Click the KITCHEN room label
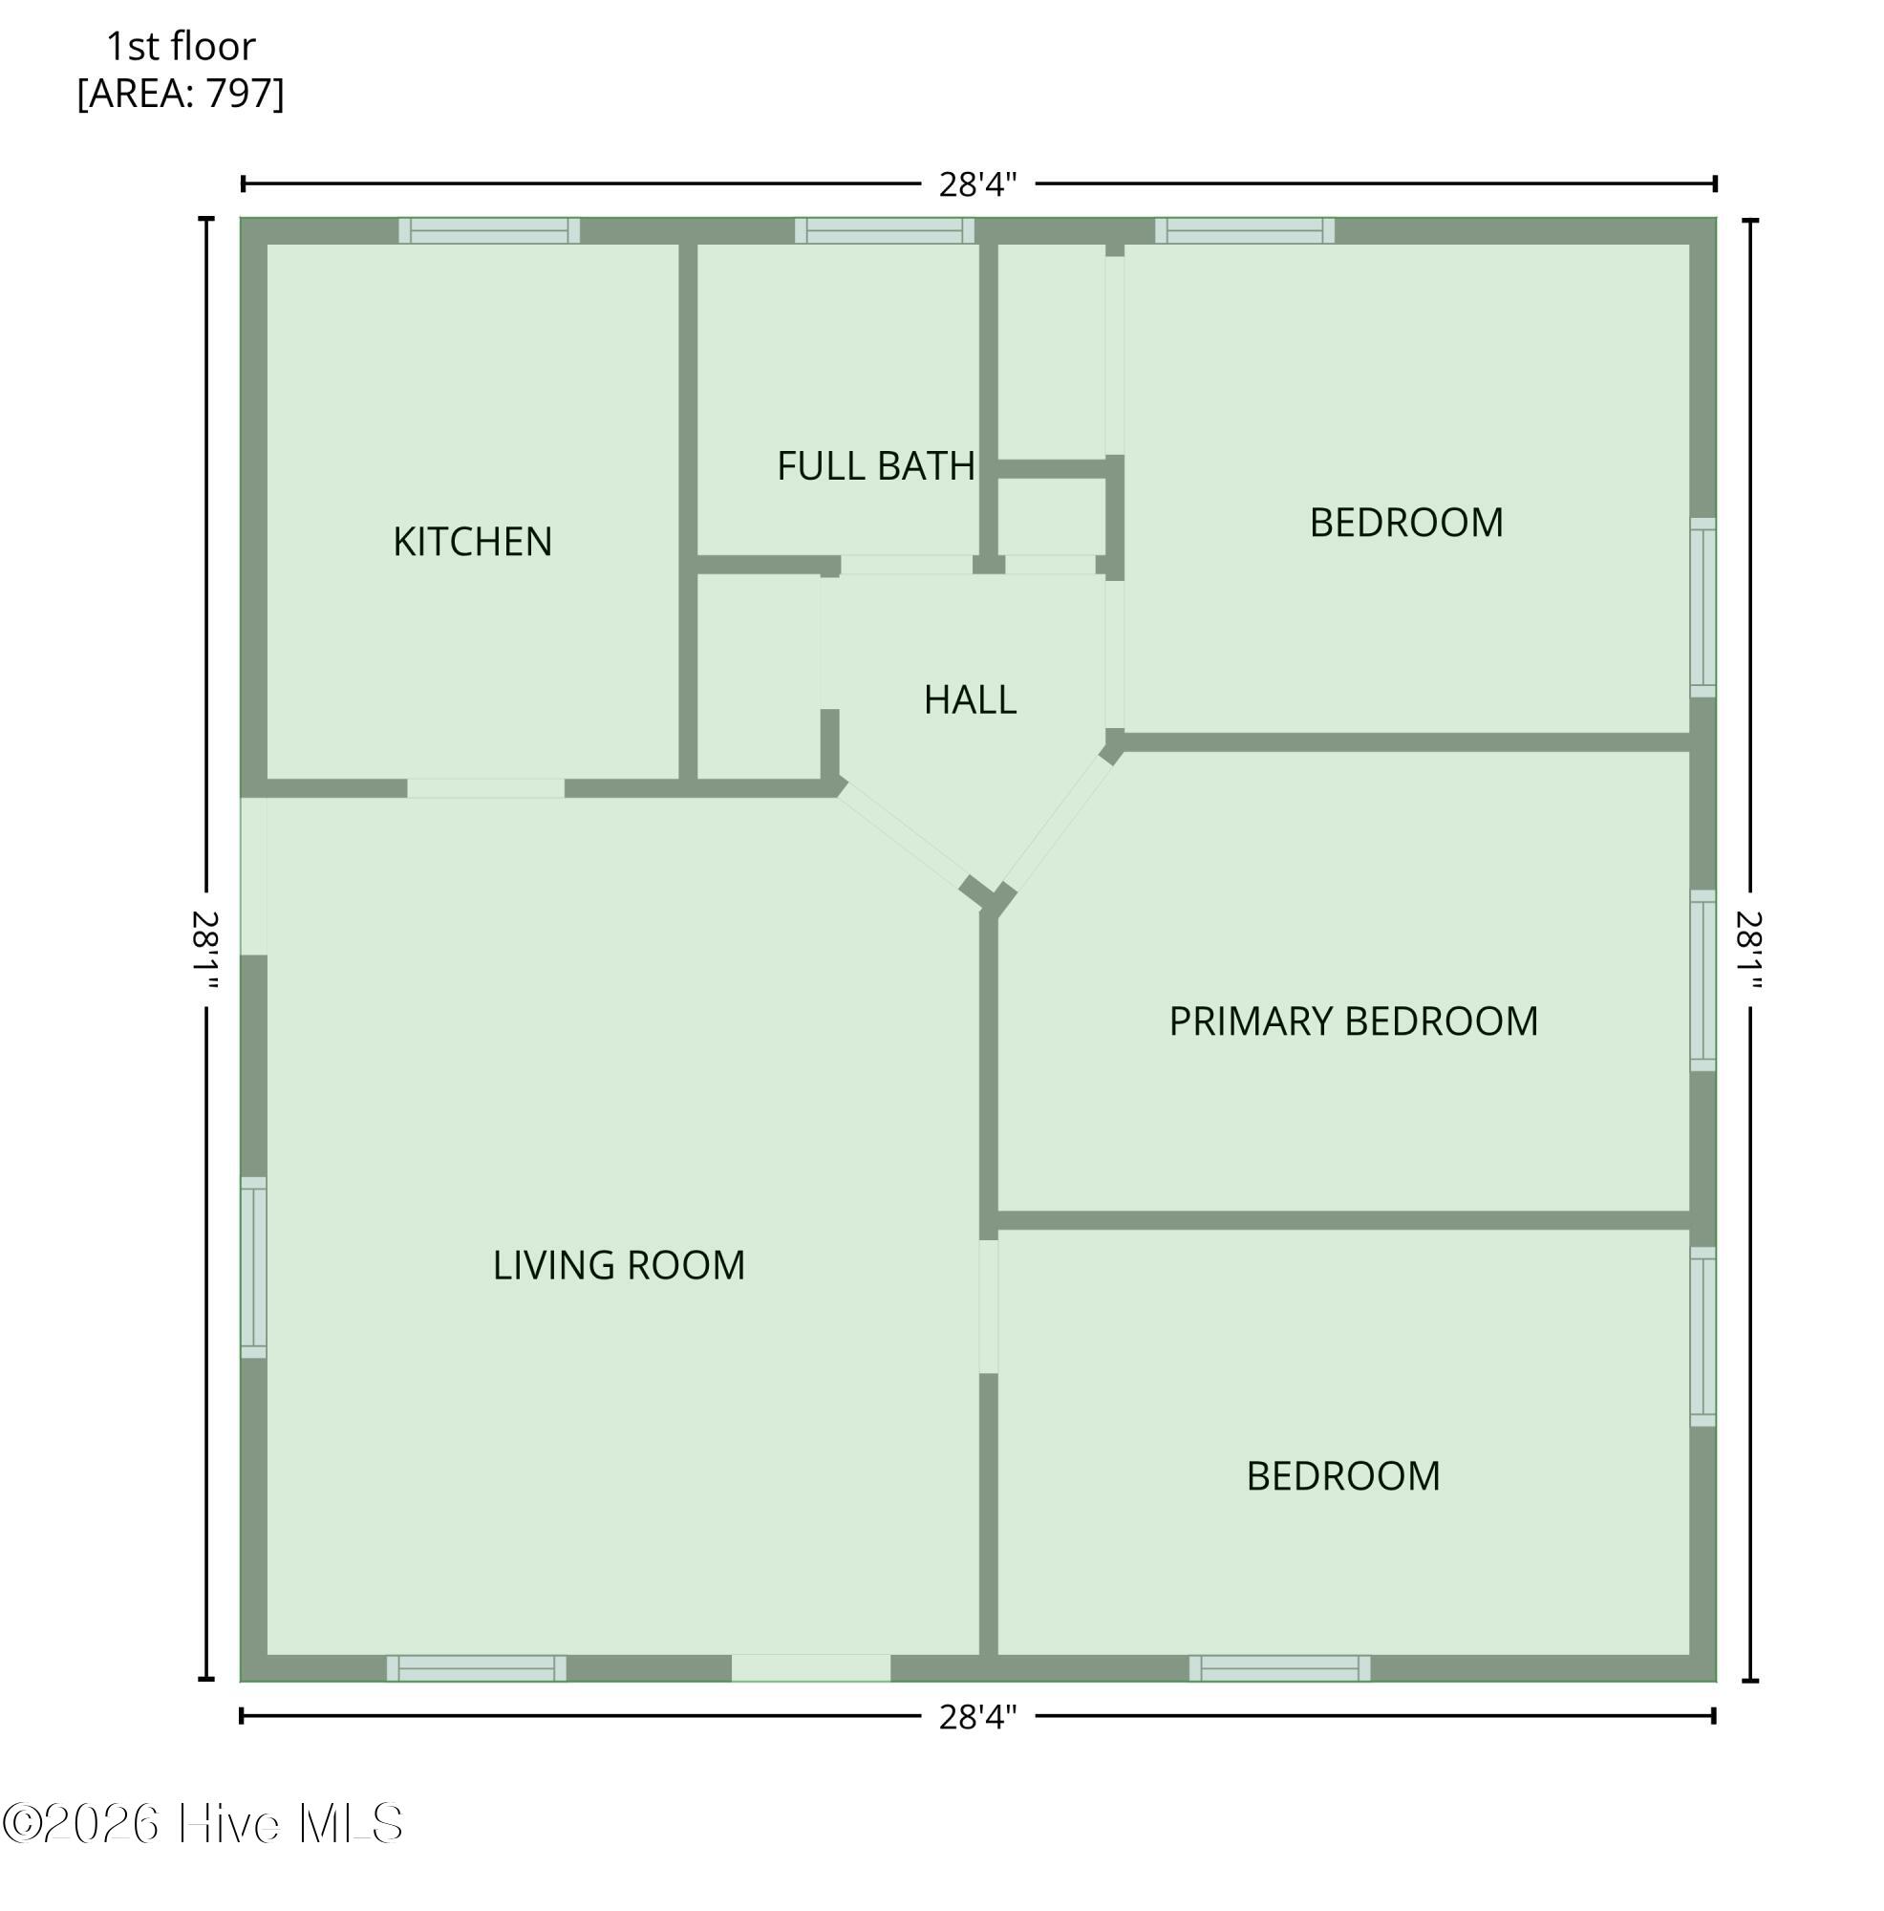[472, 541]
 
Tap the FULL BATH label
[875, 466]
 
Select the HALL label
[969, 699]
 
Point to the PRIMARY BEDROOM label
[1353, 1020]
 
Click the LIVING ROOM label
[618, 1265]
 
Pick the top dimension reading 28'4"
[977, 184]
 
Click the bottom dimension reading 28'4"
[977, 1717]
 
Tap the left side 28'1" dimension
[204, 949]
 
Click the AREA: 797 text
[180, 93]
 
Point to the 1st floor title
[180, 46]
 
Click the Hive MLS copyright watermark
[203, 1823]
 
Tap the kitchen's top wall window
[488, 230]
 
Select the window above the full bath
[884, 230]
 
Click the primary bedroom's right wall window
[1702, 979]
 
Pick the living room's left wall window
[253, 1267]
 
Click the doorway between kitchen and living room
[485, 788]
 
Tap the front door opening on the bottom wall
[811, 1668]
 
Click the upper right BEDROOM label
[1405, 523]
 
